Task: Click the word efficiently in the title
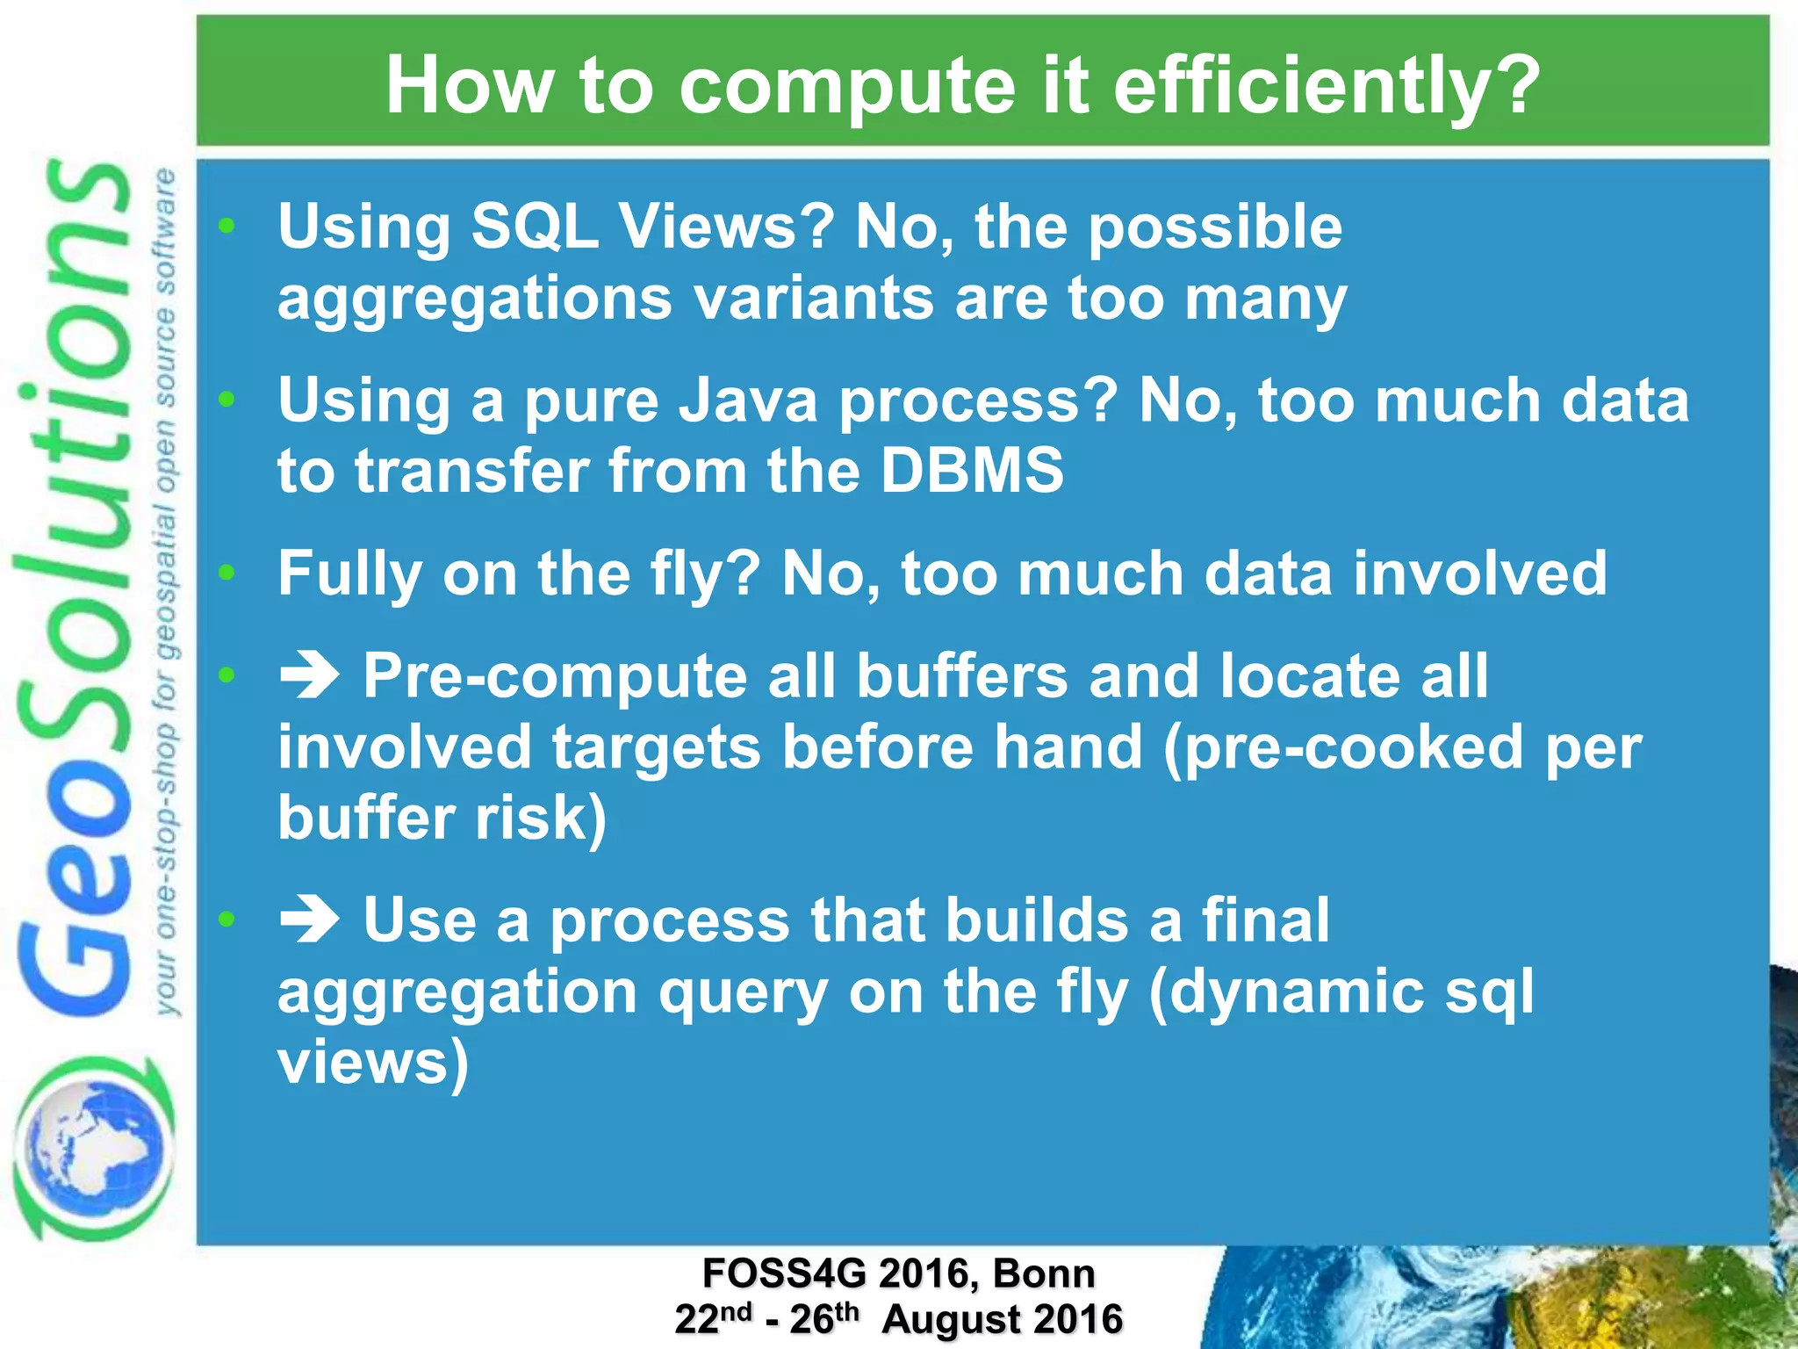[1326, 86]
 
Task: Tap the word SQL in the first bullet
[535, 227]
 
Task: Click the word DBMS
[972, 471]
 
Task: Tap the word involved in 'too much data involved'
[1479, 574]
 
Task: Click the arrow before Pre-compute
[309, 677]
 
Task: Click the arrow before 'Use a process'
[309, 921]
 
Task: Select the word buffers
[961, 676]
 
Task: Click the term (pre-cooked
[1343, 747]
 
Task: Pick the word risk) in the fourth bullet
[540, 818]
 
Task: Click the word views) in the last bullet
[373, 1062]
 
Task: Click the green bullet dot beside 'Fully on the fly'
[227, 573]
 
